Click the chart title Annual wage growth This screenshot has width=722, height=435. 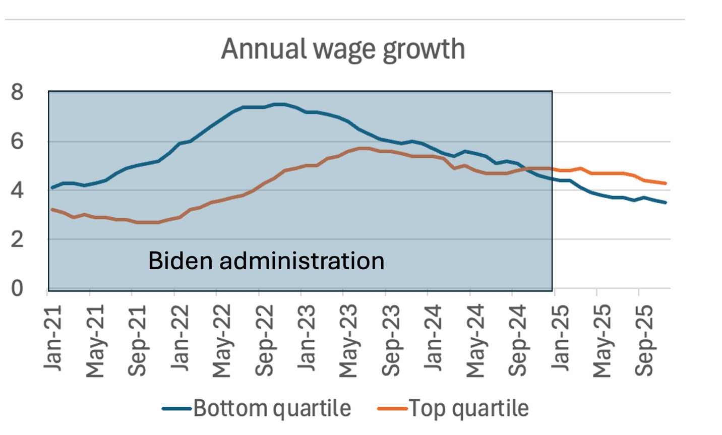click(x=343, y=49)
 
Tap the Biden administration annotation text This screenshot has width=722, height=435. click(x=266, y=261)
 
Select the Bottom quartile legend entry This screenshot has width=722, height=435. click(x=257, y=408)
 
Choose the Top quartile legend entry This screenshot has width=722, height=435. click(x=453, y=408)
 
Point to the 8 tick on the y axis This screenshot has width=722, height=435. click(x=17, y=92)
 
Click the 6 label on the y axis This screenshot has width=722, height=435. click(x=17, y=141)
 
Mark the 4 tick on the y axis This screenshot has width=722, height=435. click(x=17, y=191)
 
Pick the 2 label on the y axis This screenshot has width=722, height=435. click(x=17, y=239)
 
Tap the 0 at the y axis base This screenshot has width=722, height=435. click(x=17, y=288)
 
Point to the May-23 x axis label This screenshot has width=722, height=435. click(x=348, y=341)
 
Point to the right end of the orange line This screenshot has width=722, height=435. click(x=666, y=183)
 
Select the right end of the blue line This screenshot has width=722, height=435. click(x=666, y=203)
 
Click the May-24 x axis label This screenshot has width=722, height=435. click(x=475, y=341)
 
